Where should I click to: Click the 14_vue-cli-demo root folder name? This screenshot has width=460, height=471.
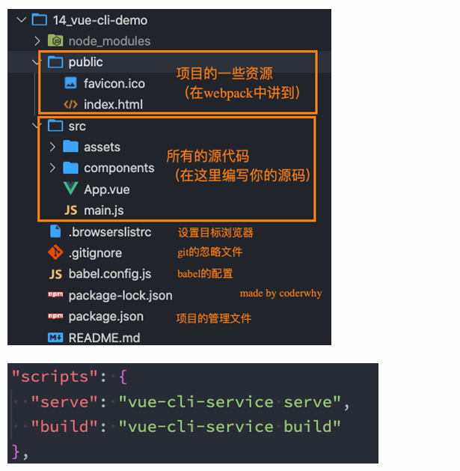[99, 20]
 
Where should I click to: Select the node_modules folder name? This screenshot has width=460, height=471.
[109, 41]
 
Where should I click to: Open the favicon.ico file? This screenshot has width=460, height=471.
[114, 83]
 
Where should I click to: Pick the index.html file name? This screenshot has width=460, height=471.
[113, 104]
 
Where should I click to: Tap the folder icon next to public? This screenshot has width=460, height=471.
[55, 62]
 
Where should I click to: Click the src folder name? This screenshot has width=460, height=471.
[77, 127]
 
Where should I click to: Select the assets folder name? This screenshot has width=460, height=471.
[102, 148]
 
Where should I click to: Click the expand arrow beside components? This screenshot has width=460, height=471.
[52, 168]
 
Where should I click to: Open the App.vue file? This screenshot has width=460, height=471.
[106, 189]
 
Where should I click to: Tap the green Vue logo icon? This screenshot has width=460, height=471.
[71, 189]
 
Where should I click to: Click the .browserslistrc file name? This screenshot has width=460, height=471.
[109, 232]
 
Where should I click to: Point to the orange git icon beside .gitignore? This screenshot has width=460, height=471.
[55, 253]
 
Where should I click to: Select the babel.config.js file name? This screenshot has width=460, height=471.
[109, 274]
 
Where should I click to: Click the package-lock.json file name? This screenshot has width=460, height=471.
[120, 296]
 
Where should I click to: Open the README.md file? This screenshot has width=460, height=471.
[104, 338]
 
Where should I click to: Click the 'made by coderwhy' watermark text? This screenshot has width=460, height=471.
[280, 294]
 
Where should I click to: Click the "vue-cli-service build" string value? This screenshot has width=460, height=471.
[230, 427]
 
